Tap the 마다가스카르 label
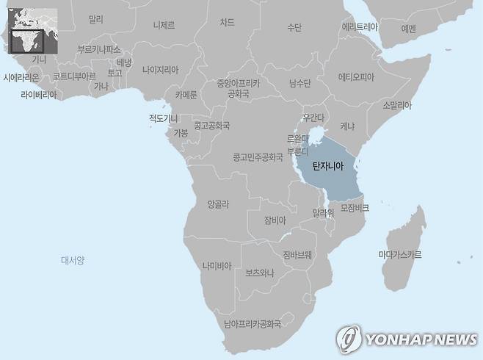(400, 255)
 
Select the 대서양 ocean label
(73, 260)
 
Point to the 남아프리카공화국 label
(253, 323)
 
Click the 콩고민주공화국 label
(258, 157)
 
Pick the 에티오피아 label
(356, 77)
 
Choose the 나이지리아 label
(160, 70)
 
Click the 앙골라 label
(219, 204)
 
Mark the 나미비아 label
(217, 266)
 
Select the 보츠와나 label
(260, 273)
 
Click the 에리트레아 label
(360, 26)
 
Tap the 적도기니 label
(163, 118)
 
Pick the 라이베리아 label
(39, 95)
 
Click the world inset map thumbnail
(32, 30)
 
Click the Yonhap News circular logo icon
(348, 339)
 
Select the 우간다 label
(313, 118)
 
